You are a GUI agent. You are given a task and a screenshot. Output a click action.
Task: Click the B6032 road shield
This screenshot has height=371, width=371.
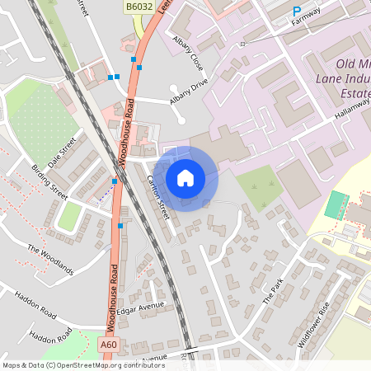[139, 7]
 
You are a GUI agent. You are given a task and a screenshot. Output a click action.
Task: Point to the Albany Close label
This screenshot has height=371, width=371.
[187, 50]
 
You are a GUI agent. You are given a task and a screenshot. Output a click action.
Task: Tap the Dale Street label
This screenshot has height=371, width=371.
[61, 153]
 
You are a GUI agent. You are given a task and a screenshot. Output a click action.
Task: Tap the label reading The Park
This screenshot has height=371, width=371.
[272, 292]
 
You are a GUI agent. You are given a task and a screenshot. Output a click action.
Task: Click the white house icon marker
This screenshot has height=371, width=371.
[185, 177]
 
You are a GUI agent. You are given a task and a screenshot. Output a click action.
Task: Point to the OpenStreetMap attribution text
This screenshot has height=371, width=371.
[83, 364]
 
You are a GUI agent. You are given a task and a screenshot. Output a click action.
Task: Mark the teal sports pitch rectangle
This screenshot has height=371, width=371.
[335, 204]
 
